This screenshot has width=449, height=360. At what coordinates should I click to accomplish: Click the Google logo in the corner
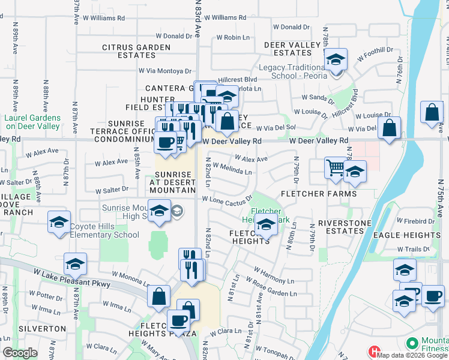20,353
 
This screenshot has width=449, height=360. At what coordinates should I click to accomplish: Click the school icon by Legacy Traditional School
336,60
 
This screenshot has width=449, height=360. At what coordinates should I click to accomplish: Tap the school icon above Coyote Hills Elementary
59,222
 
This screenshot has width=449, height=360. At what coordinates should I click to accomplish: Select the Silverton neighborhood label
42,329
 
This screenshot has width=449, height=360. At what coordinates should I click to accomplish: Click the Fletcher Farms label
318,194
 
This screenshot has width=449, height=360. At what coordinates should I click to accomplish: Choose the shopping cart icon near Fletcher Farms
335,169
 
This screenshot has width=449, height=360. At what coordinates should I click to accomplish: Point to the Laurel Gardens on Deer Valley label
32,122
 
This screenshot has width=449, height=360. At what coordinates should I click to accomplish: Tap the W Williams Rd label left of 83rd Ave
103,19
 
